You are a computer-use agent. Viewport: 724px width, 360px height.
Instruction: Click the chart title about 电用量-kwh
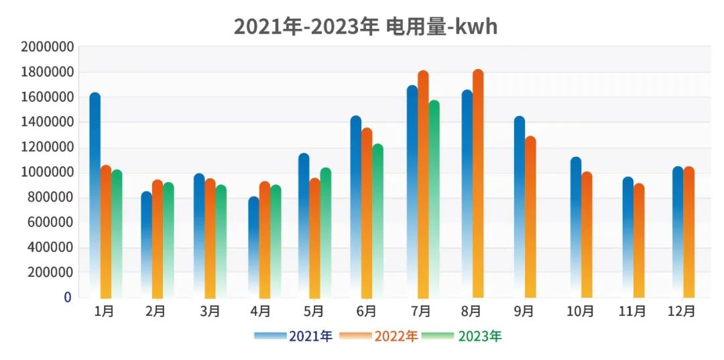tap(365, 26)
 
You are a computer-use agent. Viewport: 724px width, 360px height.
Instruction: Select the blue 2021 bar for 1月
tap(95, 194)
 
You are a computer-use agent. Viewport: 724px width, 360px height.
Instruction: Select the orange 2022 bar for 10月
tap(587, 235)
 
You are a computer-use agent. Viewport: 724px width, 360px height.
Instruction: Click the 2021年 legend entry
tap(294, 336)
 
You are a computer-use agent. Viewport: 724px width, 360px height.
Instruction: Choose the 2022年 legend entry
tap(379, 336)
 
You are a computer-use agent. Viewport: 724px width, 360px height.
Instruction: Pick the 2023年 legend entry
tap(463, 336)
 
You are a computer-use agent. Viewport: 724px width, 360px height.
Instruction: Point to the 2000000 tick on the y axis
tap(46, 47)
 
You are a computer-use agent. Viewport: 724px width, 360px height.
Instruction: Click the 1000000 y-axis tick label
tap(46, 172)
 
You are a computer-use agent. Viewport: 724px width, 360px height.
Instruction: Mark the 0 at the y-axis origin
tap(67, 297)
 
